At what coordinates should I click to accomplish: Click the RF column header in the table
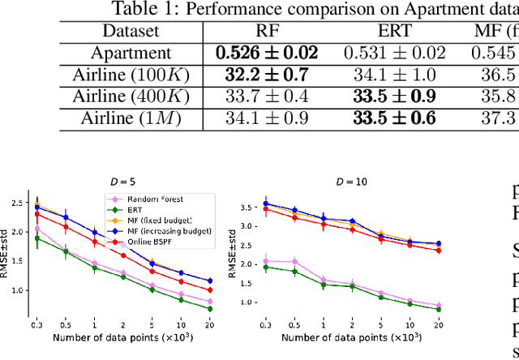(267, 32)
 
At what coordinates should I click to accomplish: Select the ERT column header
(395, 32)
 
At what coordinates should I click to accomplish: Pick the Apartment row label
(132, 54)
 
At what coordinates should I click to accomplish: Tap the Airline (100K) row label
(132, 75)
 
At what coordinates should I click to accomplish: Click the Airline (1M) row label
(132, 118)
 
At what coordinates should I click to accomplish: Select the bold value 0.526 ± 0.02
(267, 54)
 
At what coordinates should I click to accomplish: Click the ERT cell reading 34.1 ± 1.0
(395, 75)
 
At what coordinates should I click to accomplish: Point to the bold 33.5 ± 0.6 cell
(395, 118)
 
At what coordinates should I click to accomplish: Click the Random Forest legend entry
(145, 199)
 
